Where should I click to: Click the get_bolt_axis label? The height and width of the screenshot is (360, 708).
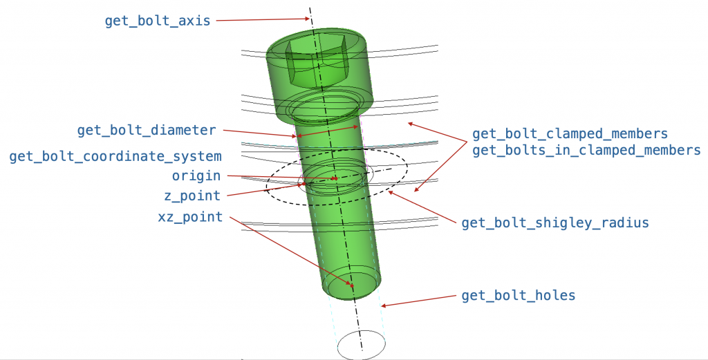[x=158, y=21]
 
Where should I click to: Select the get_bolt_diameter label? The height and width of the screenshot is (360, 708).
[x=147, y=130]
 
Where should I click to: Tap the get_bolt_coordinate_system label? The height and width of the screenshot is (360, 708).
[x=115, y=157]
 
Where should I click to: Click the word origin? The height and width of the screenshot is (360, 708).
[x=196, y=176]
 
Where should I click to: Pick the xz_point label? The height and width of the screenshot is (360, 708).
[x=190, y=217]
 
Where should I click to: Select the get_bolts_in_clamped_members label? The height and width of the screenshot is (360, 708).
[x=586, y=150]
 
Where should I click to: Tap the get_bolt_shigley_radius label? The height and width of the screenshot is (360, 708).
[x=555, y=222]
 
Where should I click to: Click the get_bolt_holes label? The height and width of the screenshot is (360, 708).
[x=518, y=296]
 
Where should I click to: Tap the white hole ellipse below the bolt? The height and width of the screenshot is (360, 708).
[x=361, y=343]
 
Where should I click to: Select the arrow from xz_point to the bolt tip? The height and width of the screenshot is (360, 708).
[x=290, y=252]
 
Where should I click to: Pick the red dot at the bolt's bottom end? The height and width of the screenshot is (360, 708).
[x=353, y=285]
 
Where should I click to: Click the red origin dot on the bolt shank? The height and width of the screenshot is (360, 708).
[x=336, y=178]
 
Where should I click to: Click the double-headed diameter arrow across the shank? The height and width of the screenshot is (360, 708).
[x=328, y=131]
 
